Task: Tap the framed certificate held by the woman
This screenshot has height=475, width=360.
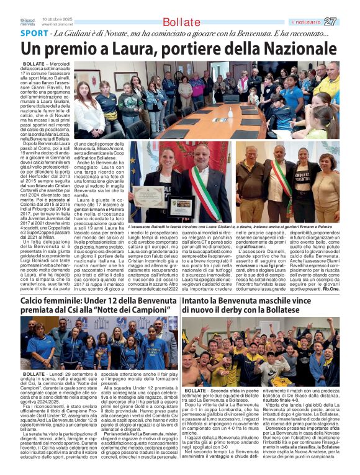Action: pos(149,196)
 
